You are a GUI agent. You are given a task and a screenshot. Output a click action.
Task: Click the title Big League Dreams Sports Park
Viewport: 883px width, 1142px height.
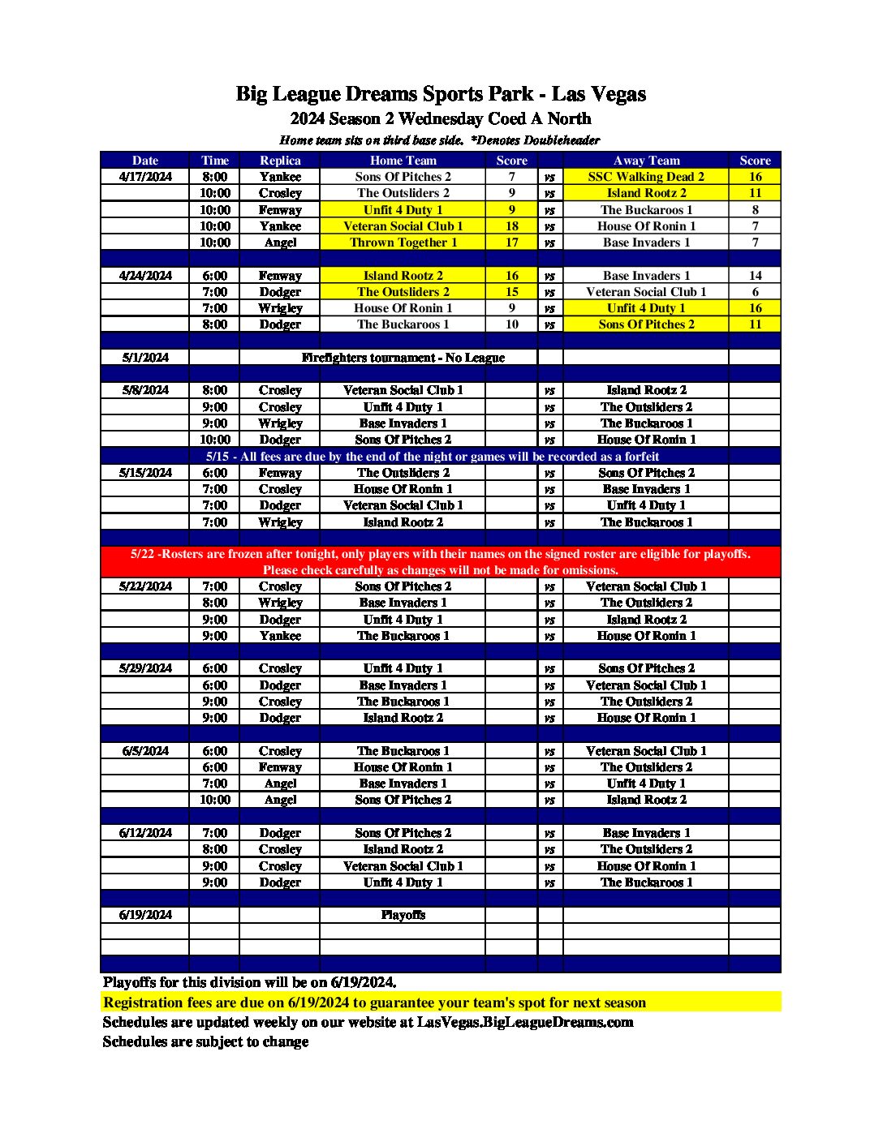tap(441, 94)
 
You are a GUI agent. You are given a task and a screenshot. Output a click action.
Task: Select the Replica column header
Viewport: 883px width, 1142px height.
tap(280, 161)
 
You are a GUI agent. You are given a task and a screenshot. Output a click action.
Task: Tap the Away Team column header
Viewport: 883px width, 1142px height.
tap(646, 161)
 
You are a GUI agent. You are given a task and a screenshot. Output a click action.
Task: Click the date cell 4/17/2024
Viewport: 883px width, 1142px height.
tap(145, 177)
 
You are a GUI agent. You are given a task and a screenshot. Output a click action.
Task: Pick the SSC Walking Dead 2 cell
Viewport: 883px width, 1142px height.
tap(646, 177)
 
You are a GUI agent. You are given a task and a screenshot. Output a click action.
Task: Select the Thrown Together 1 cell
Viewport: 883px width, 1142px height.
tap(403, 243)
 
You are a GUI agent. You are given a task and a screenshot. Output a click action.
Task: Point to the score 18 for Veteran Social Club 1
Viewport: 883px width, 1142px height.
tap(511, 226)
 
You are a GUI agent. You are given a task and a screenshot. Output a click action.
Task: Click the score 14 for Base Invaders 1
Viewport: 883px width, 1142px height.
tap(755, 276)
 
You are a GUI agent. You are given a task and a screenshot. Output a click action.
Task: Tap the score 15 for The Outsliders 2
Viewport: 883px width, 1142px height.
tap(511, 292)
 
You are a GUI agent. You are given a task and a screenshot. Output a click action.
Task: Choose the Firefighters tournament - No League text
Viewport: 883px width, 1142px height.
tap(403, 358)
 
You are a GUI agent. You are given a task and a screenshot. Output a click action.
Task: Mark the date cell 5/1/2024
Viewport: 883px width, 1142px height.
tap(145, 358)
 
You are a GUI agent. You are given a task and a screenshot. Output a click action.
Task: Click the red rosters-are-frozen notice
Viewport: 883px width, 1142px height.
tap(441, 561)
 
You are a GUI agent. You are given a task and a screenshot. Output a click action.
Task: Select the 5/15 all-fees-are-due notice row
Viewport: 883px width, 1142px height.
tap(432, 457)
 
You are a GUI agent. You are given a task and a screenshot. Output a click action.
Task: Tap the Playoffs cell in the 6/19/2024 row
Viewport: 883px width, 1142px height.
tap(403, 915)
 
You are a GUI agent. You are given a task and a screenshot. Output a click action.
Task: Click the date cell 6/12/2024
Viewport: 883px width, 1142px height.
tap(145, 833)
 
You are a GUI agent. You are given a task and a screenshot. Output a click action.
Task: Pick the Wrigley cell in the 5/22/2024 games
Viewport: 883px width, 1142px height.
tap(280, 603)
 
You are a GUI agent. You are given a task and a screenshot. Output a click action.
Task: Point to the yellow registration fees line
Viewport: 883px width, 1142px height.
tap(374, 1002)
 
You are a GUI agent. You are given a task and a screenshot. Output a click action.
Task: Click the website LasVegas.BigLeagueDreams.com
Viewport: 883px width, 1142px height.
tap(525, 1022)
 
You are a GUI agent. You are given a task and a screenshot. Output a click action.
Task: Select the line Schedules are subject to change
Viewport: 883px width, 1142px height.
tap(205, 1041)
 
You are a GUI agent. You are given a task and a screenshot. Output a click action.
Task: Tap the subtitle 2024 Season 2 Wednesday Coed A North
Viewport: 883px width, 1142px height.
tap(441, 119)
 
